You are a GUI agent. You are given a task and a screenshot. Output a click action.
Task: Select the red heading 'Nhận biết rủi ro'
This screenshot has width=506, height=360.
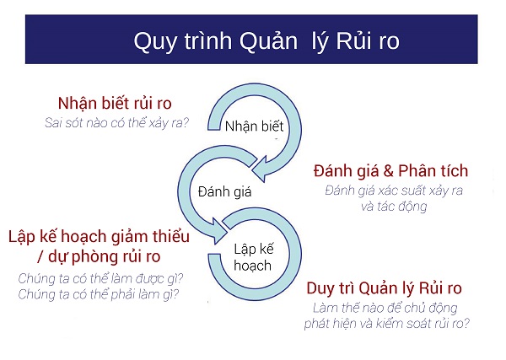click(x=115, y=104)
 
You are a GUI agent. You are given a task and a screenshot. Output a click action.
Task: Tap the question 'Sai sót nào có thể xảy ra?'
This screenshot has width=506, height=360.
click(x=116, y=122)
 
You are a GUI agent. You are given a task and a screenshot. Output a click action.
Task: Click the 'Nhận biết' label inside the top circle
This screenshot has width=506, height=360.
click(x=252, y=126)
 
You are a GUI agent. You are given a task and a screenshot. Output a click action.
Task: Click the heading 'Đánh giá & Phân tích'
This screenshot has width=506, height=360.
click(x=390, y=171)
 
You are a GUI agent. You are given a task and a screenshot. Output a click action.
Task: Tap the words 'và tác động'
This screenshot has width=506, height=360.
click(x=393, y=207)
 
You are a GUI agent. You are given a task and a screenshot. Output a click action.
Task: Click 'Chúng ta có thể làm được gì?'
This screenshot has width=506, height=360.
click(x=101, y=279)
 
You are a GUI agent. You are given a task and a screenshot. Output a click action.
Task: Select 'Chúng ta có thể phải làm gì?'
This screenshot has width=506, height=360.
click(x=101, y=295)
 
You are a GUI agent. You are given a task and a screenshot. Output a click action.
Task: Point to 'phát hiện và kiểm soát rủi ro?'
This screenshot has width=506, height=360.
click(x=387, y=323)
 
